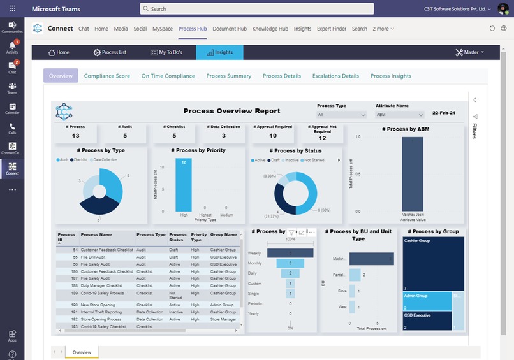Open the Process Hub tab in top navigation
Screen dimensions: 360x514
pos(193,29)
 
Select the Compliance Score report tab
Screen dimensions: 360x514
pos(106,76)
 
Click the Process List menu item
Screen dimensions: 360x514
pos(110,52)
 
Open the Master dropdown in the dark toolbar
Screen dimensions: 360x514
pos(470,52)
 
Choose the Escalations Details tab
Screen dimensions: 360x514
pos(335,76)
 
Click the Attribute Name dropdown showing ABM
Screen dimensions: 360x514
pos(400,115)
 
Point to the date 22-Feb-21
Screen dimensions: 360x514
pos(444,113)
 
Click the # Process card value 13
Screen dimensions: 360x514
pos(76,136)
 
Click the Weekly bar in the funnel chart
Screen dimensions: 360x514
pos(290,253)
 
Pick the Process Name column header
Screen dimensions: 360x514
pos(96,234)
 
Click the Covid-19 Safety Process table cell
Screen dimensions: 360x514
pos(102,293)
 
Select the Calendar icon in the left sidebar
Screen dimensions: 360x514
pos(12,108)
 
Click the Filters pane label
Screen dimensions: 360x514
pos(474,130)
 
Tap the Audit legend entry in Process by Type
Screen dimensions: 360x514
pos(62,159)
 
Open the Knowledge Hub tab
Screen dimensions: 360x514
pos(270,29)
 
